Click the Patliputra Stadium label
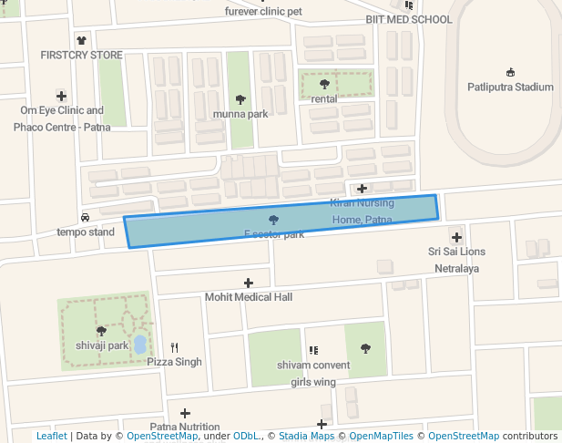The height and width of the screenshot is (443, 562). (510, 88)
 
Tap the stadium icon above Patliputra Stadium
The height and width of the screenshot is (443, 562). (510, 72)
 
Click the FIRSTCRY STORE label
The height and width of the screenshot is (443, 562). (81, 56)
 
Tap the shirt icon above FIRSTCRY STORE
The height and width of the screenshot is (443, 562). (82, 40)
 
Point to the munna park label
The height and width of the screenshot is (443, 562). (240, 114)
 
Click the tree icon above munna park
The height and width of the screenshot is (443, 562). (240, 98)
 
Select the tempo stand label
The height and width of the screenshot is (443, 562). (86, 232)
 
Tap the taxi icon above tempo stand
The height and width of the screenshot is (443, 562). (86, 217)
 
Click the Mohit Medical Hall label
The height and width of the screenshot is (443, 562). (248, 297)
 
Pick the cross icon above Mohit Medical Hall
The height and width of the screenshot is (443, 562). (248, 283)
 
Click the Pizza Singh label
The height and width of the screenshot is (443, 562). (175, 362)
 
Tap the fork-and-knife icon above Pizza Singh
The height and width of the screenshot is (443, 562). (174, 347)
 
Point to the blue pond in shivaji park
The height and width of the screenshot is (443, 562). (139, 345)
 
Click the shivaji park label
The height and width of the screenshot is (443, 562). (101, 345)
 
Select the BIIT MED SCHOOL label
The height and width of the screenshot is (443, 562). (408, 19)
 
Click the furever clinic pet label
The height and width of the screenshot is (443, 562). (263, 12)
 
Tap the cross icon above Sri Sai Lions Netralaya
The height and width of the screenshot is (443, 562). (457, 237)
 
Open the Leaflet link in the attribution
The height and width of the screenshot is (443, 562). (52, 437)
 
